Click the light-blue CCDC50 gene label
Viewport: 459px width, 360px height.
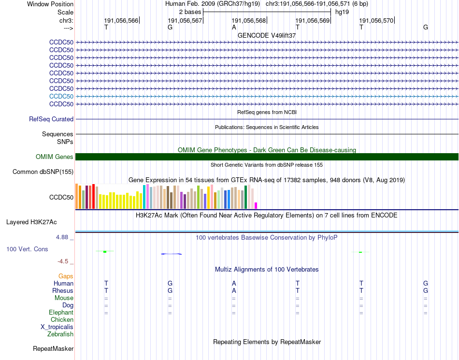click(x=61, y=96)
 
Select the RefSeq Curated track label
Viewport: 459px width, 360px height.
click(x=51, y=119)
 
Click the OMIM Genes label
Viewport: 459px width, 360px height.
click(x=55, y=157)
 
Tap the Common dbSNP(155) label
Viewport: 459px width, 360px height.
click(x=43, y=172)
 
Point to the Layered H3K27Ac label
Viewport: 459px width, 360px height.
click(x=31, y=222)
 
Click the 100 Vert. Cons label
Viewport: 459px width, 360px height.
click(x=27, y=249)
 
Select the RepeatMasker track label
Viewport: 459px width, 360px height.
click(x=53, y=348)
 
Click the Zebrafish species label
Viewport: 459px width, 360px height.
click(x=60, y=334)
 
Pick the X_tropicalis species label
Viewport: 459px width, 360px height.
click(x=57, y=327)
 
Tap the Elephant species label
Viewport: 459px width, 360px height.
click(x=61, y=313)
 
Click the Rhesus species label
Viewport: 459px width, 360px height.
click(x=63, y=290)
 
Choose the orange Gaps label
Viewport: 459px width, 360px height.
click(x=66, y=276)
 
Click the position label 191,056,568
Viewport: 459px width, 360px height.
click(x=249, y=20)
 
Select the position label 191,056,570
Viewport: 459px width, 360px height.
click(x=376, y=20)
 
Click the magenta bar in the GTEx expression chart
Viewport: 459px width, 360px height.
click(x=256, y=205)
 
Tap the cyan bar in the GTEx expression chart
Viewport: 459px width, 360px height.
click(x=144, y=197)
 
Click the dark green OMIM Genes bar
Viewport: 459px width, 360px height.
click(x=267, y=157)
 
